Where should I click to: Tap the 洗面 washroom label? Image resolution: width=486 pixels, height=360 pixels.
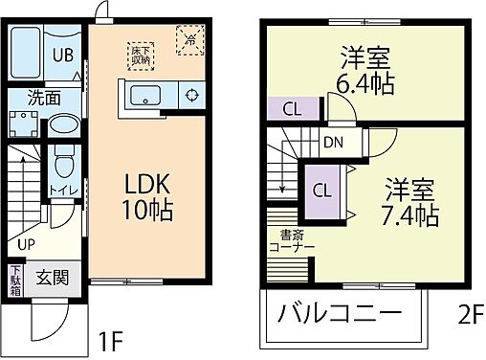pyautogui.click(x=42, y=97)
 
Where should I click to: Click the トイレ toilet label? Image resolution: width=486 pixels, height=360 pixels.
pyautogui.click(x=56, y=189)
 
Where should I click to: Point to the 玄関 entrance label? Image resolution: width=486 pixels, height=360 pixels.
pyautogui.click(x=53, y=279)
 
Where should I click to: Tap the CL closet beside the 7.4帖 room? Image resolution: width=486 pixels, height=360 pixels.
pyautogui.click(x=323, y=188)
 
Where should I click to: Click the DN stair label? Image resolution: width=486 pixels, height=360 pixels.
pyautogui.click(x=333, y=144)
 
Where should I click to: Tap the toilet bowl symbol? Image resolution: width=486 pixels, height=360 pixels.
pyautogui.click(x=64, y=158)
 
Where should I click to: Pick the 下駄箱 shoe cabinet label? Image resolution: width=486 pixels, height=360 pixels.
pyautogui.click(x=15, y=280)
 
